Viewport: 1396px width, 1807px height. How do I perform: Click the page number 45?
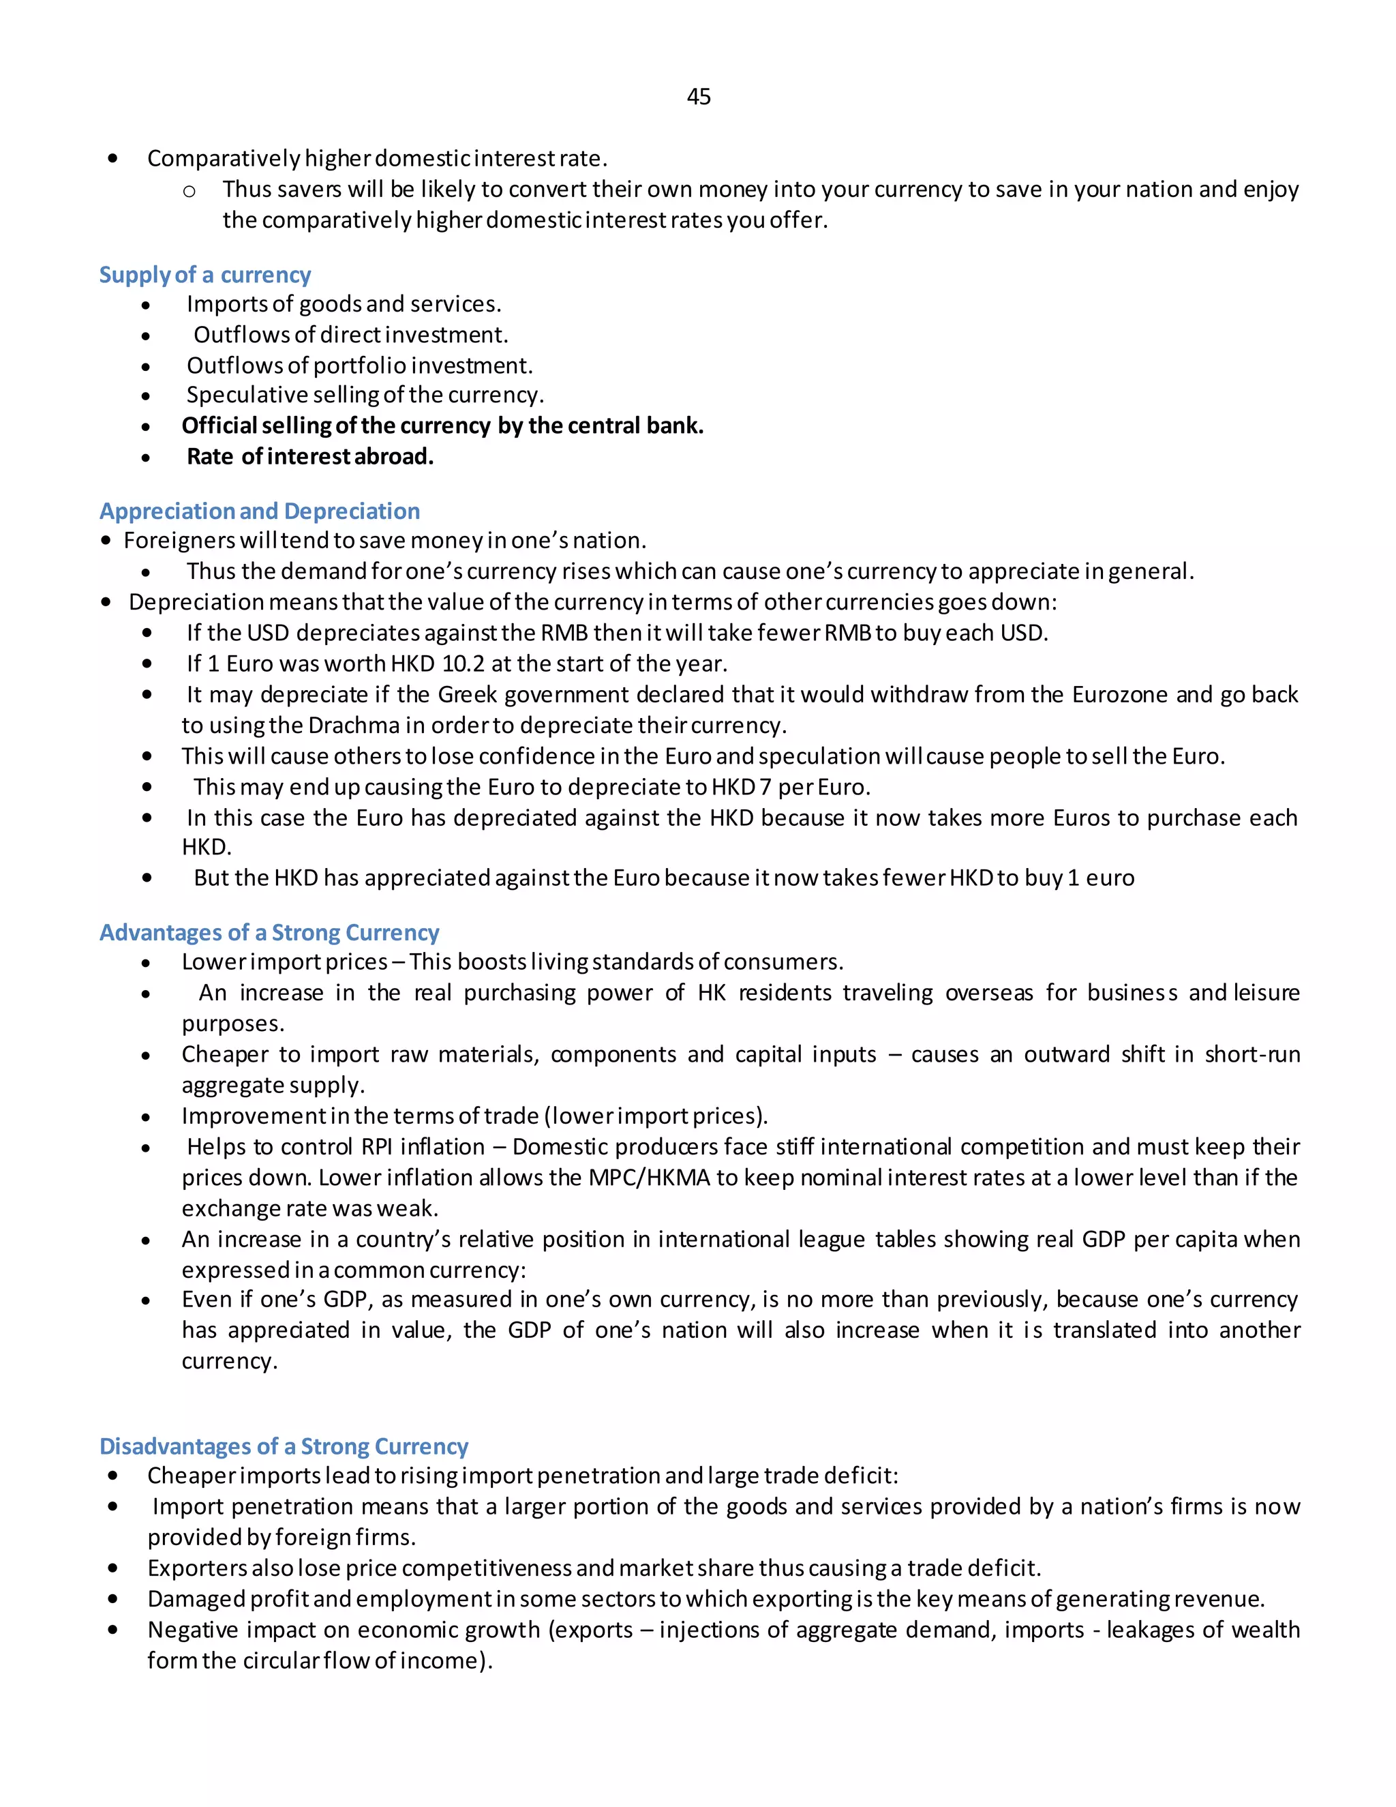[698, 98]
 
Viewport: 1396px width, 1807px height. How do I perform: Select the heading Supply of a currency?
[204, 275]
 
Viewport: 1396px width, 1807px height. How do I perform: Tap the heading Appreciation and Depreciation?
[260, 511]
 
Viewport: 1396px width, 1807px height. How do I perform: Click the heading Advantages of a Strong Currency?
[269, 932]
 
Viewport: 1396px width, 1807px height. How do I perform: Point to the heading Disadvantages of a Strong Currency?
[284, 1446]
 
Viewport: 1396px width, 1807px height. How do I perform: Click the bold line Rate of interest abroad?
[310, 457]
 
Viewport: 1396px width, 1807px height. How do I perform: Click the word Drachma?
[353, 726]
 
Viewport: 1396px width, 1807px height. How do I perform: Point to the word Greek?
[467, 695]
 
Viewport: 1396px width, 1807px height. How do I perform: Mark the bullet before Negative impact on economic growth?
[112, 1630]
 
